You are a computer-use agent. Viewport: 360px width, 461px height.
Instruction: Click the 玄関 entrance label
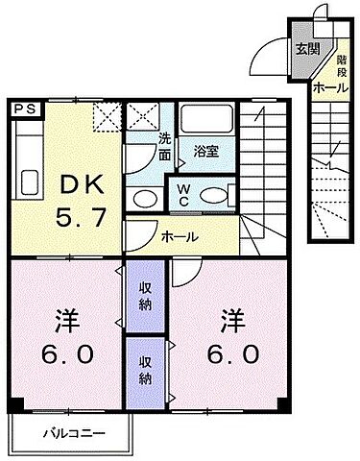point(306,49)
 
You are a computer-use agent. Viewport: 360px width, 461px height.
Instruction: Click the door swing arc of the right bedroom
point(182,273)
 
